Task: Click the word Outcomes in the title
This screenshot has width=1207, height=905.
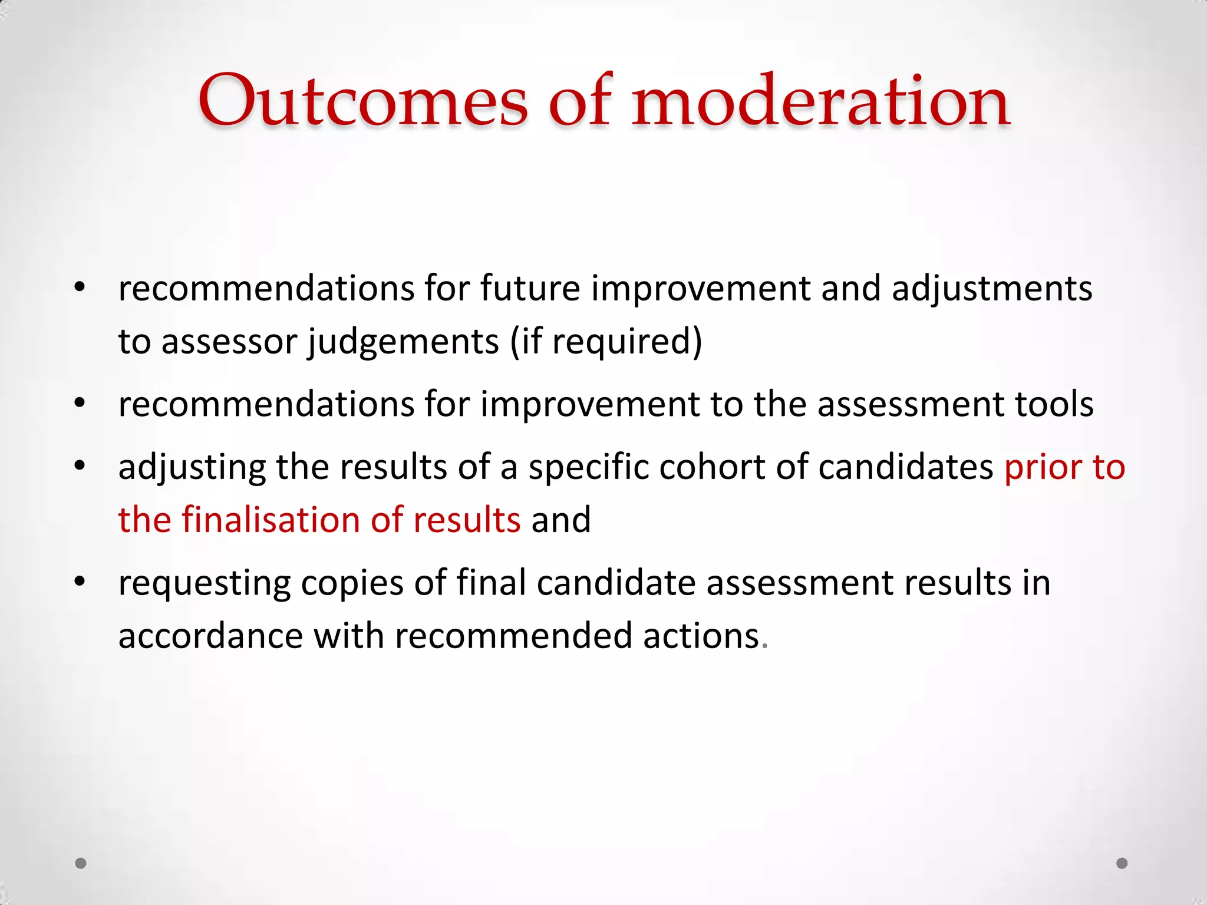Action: click(x=362, y=101)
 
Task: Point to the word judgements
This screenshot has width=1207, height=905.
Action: click(x=404, y=342)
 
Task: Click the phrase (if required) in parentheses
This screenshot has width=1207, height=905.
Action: click(x=606, y=342)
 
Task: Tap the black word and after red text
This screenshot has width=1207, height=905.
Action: click(x=560, y=520)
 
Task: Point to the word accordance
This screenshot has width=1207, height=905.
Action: click(x=210, y=636)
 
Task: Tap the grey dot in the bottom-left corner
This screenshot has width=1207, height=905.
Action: click(x=81, y=863)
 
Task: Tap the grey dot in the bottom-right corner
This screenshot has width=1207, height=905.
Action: click(x=1122, y=863)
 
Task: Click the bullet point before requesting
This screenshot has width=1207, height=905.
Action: click(x=80, y=582)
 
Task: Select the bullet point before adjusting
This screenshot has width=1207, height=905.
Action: click(x=80, y=466)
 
